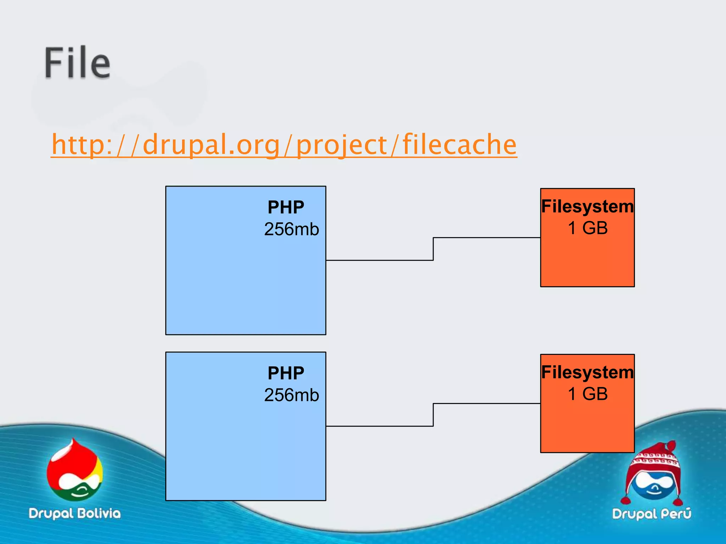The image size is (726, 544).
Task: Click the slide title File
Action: tap(77, 63)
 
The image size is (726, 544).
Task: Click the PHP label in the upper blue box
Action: tap(286, 207)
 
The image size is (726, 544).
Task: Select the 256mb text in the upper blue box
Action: tap(291, 229)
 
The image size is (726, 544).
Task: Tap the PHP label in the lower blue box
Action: tap(286, 373)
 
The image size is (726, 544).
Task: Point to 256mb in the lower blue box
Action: tap(291, 395)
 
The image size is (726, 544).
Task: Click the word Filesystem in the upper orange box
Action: tap(587, 206)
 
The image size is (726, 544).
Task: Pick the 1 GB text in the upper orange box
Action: tap(587, 228)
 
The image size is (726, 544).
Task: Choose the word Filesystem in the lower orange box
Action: tap(587, 372)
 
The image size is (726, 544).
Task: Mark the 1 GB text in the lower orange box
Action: tap(587, 394)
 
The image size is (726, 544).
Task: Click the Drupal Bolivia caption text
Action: tap(74, 513)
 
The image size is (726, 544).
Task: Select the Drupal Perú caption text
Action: tap(652, 514)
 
